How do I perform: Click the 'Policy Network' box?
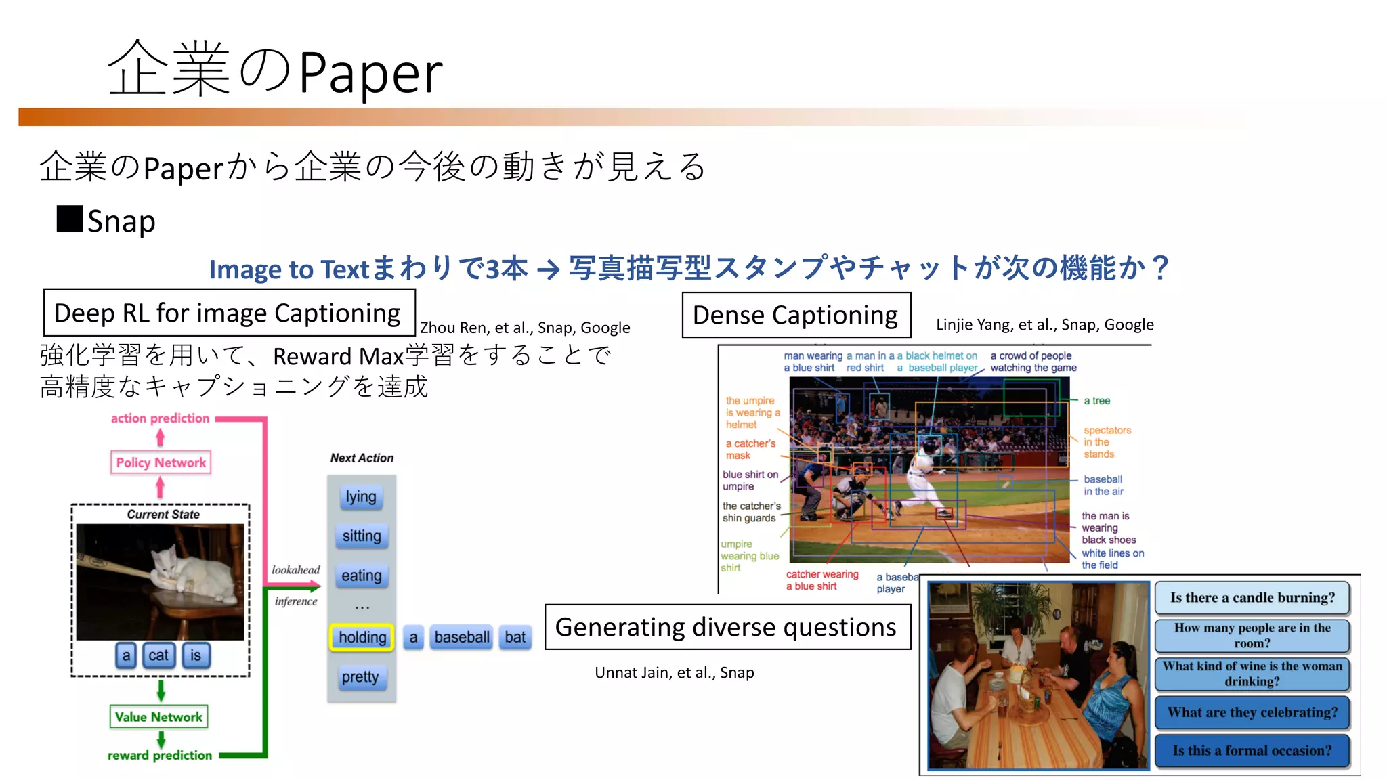161,462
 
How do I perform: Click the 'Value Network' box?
158,716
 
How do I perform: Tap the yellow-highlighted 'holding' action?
362,637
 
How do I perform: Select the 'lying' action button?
361,496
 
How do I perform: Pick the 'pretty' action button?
360,676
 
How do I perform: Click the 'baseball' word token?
462,637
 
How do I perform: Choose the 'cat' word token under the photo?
158,655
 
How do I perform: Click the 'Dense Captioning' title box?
796,315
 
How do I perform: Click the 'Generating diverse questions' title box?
727,627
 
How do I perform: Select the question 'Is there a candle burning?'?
1252,598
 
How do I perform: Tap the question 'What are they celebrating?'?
1252,712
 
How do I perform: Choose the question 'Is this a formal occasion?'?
1252,750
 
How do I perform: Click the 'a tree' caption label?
1096,401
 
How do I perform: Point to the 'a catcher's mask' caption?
750,450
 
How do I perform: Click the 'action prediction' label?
161,418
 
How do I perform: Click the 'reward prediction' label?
160,755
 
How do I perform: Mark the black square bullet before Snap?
70,219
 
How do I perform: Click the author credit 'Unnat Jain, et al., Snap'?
674,672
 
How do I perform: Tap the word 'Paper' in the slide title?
370,72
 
